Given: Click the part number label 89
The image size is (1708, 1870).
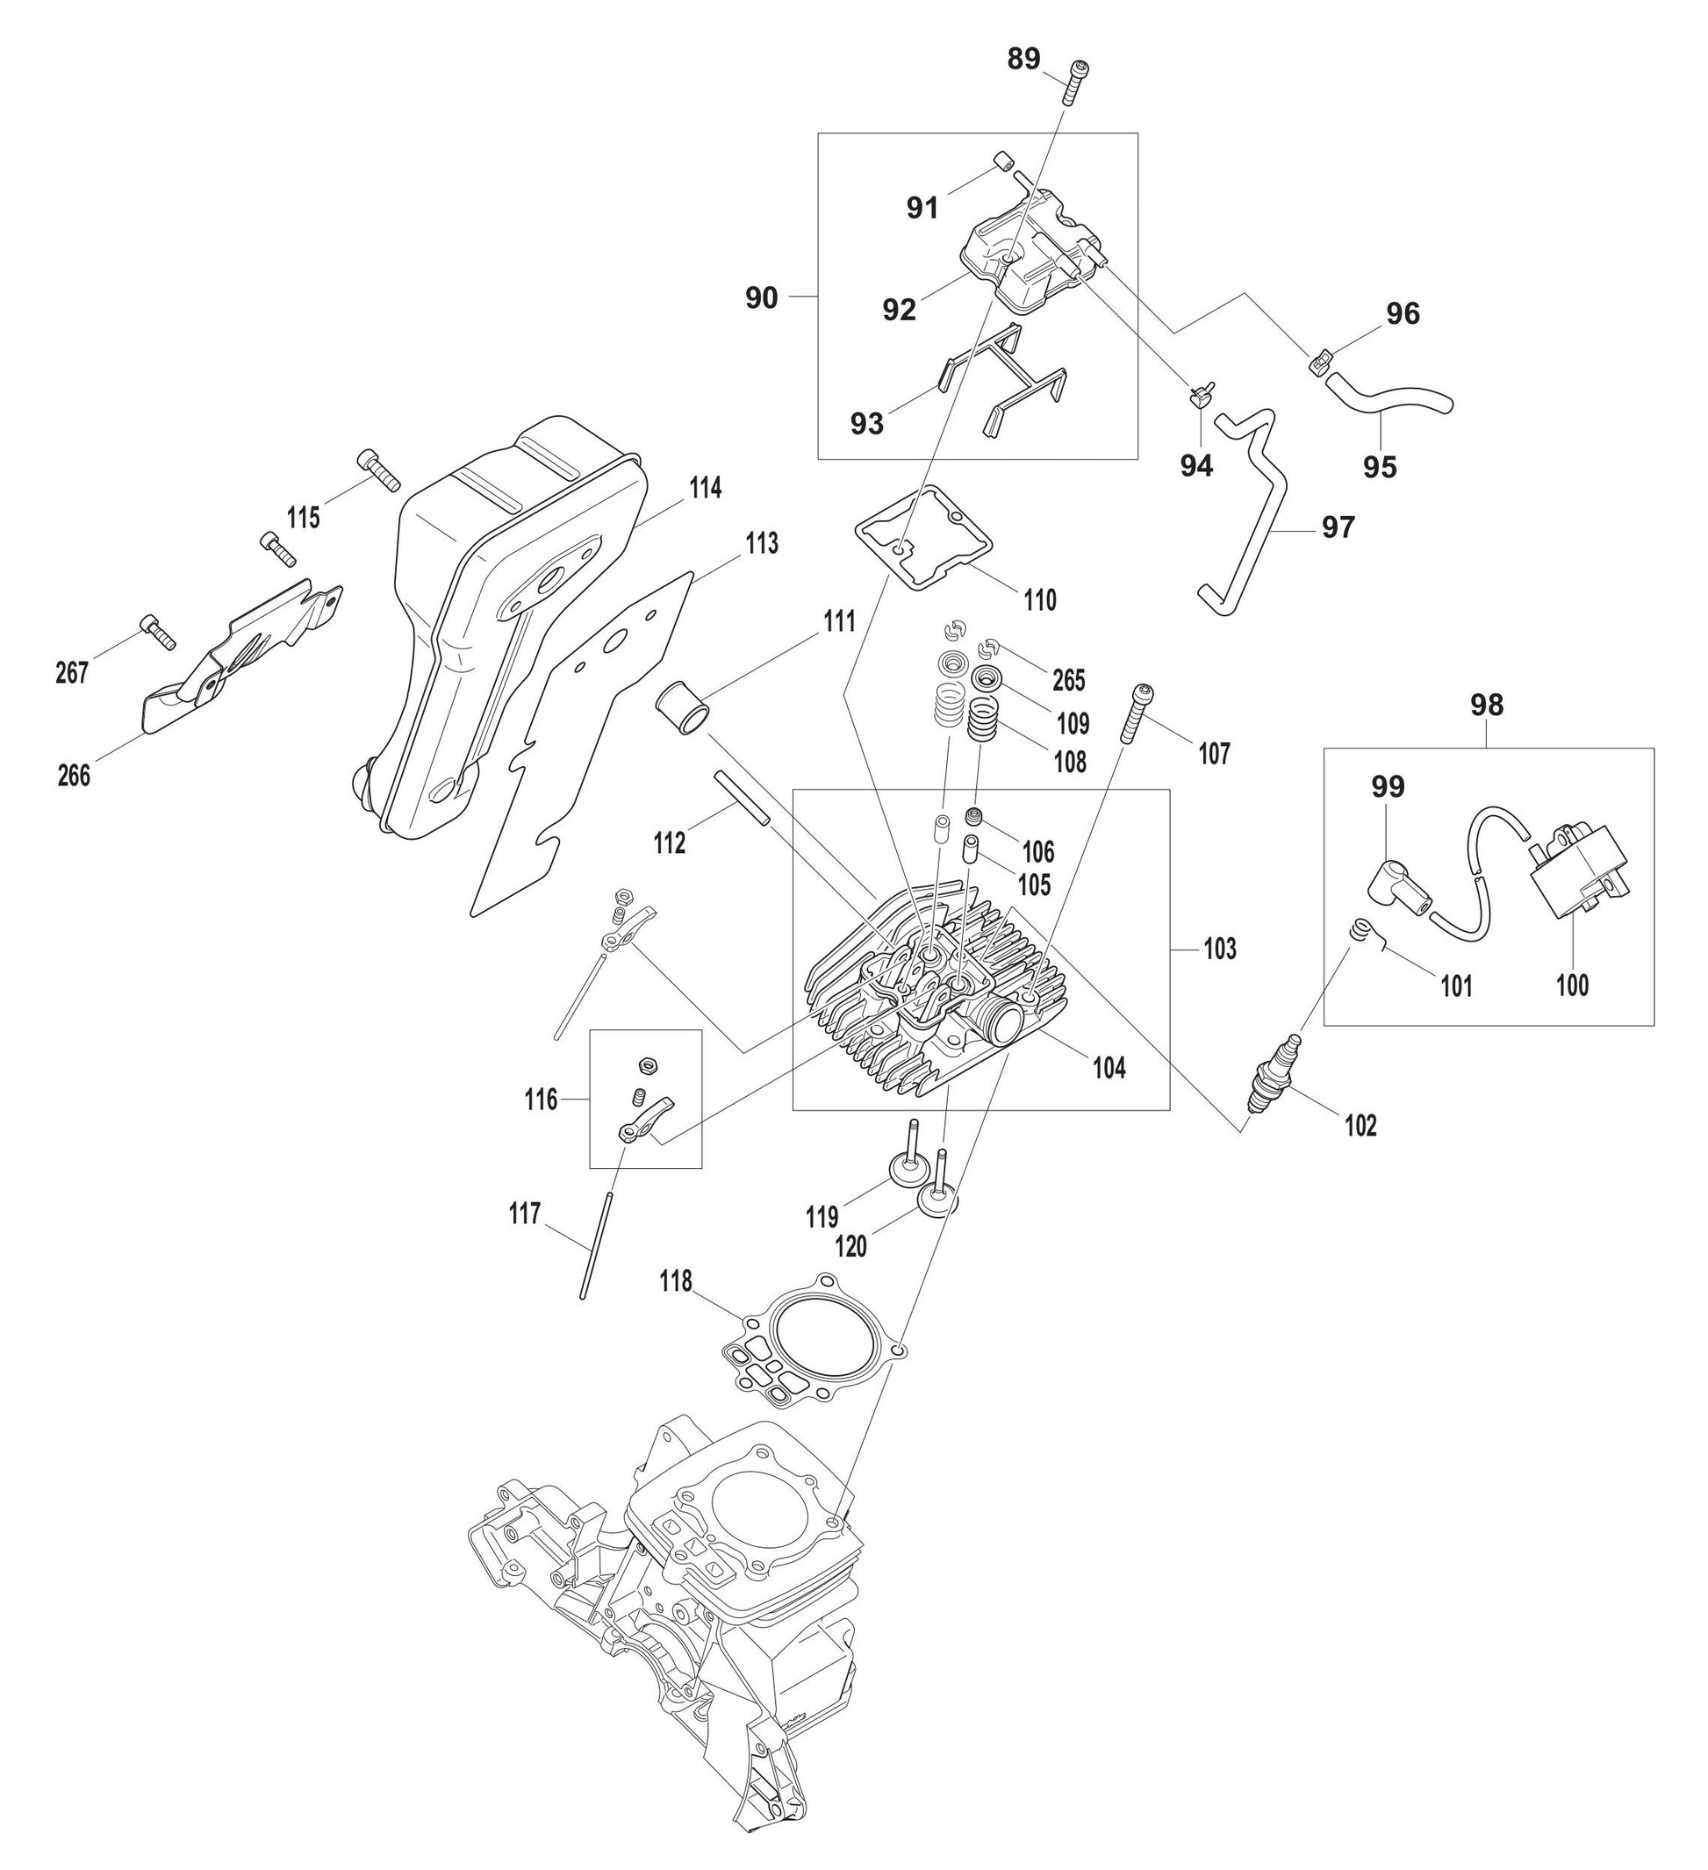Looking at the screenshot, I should [1024, 60].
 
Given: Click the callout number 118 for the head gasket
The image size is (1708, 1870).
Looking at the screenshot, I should [676, 1282].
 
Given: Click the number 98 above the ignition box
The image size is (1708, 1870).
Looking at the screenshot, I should [1486, 705].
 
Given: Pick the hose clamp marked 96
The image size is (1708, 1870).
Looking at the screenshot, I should [1322, 359].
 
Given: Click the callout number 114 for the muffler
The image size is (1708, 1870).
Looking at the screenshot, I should [705, 488].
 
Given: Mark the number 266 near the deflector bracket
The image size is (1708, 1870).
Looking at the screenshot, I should [74, 776].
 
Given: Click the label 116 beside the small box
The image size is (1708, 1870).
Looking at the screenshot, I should [540, 1100].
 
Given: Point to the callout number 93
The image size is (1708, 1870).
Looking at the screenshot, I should [866, 424].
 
